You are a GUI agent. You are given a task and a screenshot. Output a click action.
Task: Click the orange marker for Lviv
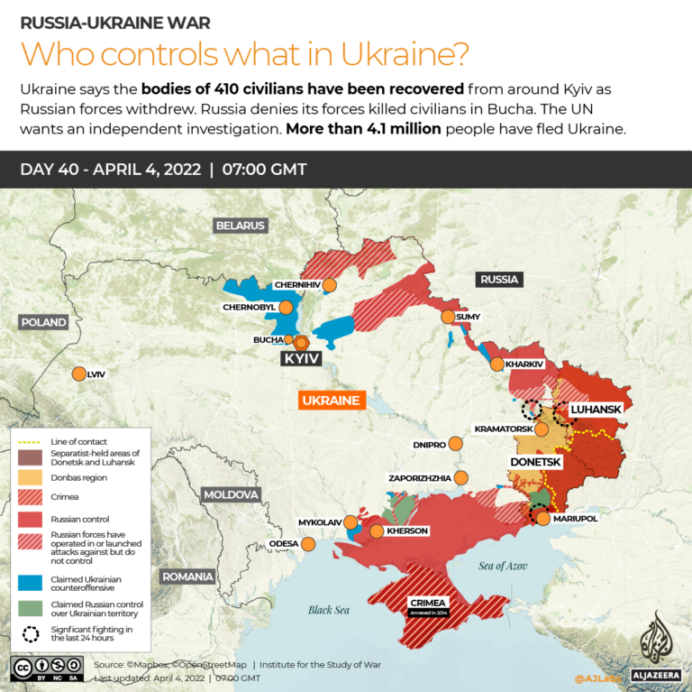click(x=78, y=374)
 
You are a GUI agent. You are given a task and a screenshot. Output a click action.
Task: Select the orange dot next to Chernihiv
click(x=330, y=285)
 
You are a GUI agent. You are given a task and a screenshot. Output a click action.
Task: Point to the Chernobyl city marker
click(x=287, y=307)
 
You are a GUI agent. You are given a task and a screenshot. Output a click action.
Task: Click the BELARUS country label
click(x=240, y=226)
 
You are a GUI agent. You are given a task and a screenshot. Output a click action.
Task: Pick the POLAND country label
click(x=44, y=322)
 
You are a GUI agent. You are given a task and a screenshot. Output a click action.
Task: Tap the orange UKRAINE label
click(x=331, y=400)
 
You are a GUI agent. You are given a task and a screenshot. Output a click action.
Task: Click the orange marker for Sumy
click(x=448, y=317)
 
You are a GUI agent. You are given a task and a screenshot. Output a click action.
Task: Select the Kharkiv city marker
click(x=496, y=364)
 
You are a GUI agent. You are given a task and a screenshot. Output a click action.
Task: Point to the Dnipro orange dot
click(x=456, y=444)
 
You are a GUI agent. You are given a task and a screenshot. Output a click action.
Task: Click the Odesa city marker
click(x=308, y=544)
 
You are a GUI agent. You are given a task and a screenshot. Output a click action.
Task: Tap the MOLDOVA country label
click(x=231, y=494)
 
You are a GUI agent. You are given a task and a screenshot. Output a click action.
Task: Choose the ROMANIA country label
click(x=187, y=577)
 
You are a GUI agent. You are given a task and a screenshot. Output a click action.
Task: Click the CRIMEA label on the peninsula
click(x=426, y=603)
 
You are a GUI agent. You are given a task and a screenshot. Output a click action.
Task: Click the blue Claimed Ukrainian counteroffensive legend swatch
click(x=29, y=582)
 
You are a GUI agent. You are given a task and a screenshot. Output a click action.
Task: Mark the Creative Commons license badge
click(x=46, y=667)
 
